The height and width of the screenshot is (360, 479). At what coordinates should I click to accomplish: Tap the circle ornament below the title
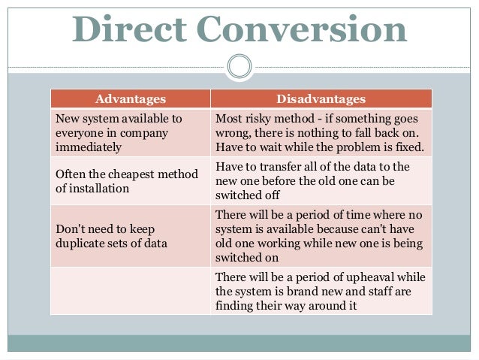click(239, 67)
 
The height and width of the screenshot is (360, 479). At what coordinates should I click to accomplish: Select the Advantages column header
click(130, 99)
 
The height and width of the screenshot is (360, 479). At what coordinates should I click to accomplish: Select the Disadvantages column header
click(321, 99)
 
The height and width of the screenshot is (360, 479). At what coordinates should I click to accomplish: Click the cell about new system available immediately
click(130, 132)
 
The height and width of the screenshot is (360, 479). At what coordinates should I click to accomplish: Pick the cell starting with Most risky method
click(321, 132)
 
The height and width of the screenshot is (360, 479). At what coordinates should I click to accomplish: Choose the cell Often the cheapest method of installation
click(130, 181)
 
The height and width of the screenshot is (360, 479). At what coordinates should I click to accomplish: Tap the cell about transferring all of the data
click(321, 181)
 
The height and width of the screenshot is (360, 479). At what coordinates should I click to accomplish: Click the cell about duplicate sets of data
click(130, 236)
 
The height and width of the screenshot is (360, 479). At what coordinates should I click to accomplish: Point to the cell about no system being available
click(321, 236)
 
